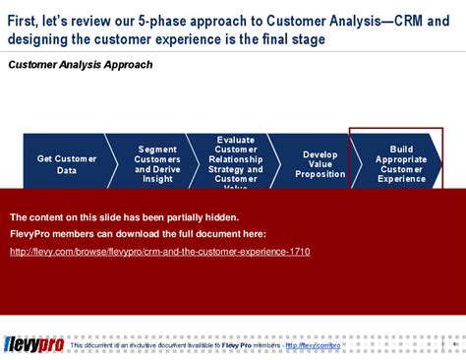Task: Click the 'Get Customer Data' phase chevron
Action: [x=67, y=163]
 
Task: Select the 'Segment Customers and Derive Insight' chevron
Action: [x=157, y=163]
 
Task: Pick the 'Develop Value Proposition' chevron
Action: [x=320, y=163]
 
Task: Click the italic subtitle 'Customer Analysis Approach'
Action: [x=81, y=65]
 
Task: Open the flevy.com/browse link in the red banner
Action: [x=160, y=252]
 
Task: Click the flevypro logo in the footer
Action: [x=33, y=344]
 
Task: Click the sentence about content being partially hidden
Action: [x=124, y=216]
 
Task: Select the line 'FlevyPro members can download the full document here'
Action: [x=138, y=234]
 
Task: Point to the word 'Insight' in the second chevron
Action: [x=157, y=179]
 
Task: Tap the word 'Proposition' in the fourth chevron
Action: [x=320, y=174]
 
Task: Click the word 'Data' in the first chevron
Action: [x=67, y=170]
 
